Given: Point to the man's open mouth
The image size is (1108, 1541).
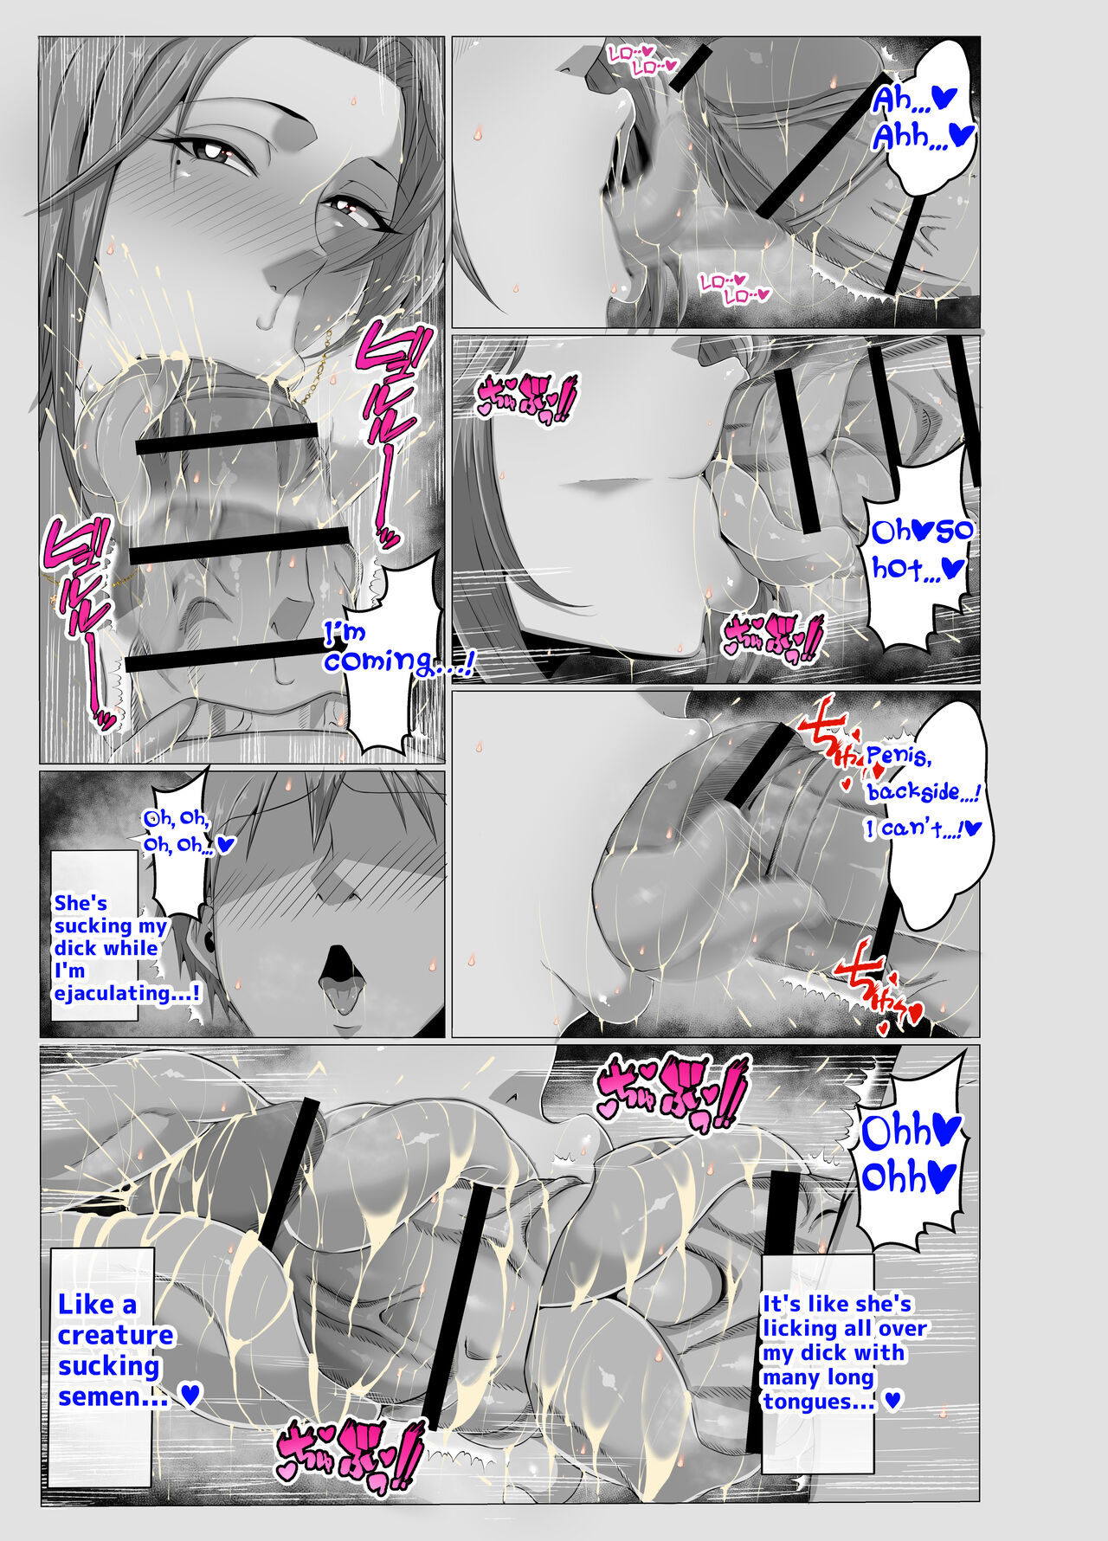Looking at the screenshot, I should [x=338, y=970].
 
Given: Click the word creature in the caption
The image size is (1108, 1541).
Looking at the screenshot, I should [x=115, y=1335].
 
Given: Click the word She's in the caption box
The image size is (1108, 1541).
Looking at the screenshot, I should [x=81, y=903].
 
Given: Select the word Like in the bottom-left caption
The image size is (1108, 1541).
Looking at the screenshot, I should [x=87, y=1304].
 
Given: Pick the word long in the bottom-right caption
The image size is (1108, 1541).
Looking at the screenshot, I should [x=844, y=1377].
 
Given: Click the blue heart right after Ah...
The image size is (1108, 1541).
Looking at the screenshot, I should [x=940, y=98].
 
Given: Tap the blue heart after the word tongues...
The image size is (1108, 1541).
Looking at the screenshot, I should [x=893, y=1402].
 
